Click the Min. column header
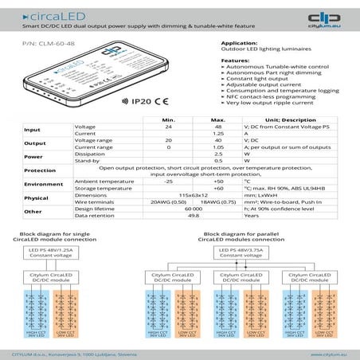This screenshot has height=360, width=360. click(168, 119)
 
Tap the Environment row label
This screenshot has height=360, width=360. click(43, 185)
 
